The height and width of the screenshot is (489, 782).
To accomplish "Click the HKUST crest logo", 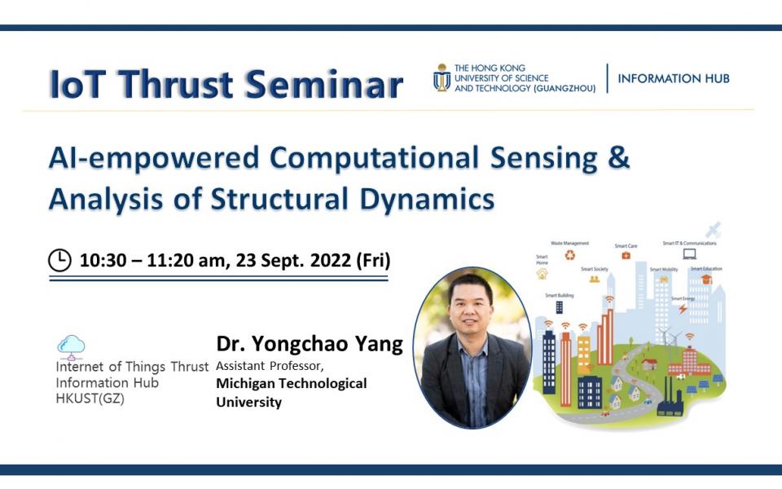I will (x=441, y=77).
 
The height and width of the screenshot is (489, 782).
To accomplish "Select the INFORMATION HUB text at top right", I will (x=673, y=79).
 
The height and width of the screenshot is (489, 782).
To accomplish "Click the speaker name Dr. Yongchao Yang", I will (x=309, y=344).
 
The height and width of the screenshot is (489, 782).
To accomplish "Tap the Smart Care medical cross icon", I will (x=626, y=255).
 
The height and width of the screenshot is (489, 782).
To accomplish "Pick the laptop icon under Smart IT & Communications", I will (x=689, y=253).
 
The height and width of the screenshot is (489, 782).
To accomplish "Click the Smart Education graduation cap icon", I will (x=705, y=279).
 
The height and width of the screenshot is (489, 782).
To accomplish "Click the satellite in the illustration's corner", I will (x=714, y=228).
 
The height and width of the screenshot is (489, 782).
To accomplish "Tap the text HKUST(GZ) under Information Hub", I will (x=90, y=399).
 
